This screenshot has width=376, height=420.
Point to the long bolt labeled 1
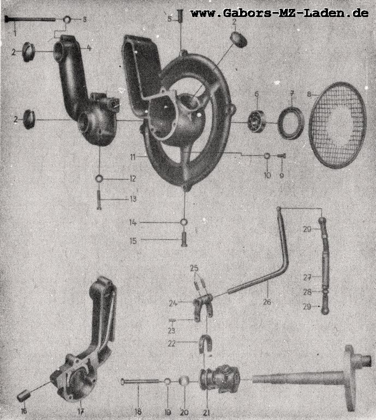click(x=31, y=19)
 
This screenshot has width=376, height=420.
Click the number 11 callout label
click(x=133, y=157)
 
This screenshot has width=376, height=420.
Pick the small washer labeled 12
click(x=99, y=178)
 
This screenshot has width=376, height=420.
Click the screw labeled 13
click(x=99, y=200)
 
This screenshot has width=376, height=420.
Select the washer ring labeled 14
click(x=184, y=223)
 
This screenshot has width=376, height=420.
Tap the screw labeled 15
click(x=184, y=239)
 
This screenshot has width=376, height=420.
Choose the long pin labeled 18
click(x=142, y=381)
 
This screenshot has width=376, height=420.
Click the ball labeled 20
click(x=184, y=381)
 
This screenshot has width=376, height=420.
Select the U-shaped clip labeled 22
click(x=206, y=343)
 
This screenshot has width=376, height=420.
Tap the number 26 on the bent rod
click(x=267, y=302)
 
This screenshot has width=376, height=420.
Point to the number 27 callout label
click(x=307, y=277)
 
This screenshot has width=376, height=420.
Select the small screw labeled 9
click(x=282, y=156)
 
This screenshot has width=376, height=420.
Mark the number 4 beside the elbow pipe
click(x=89, y=48)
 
